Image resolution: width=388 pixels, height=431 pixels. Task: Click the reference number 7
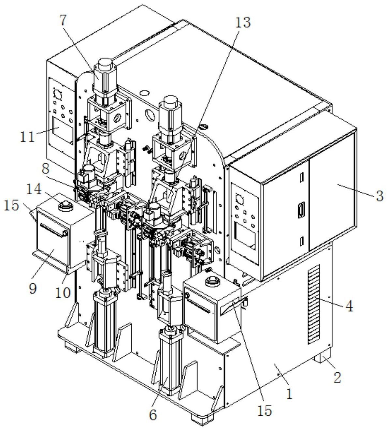point(63,20)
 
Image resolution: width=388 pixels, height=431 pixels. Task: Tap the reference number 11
point(27,137)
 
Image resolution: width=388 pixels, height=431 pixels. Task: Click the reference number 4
point(349,306)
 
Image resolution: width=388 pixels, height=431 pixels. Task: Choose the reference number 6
point(152,415)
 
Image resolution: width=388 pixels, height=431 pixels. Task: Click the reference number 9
point(33,288)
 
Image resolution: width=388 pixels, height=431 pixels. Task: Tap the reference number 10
point(63,292)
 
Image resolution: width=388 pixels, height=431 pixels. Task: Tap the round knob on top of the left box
point(64,206)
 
